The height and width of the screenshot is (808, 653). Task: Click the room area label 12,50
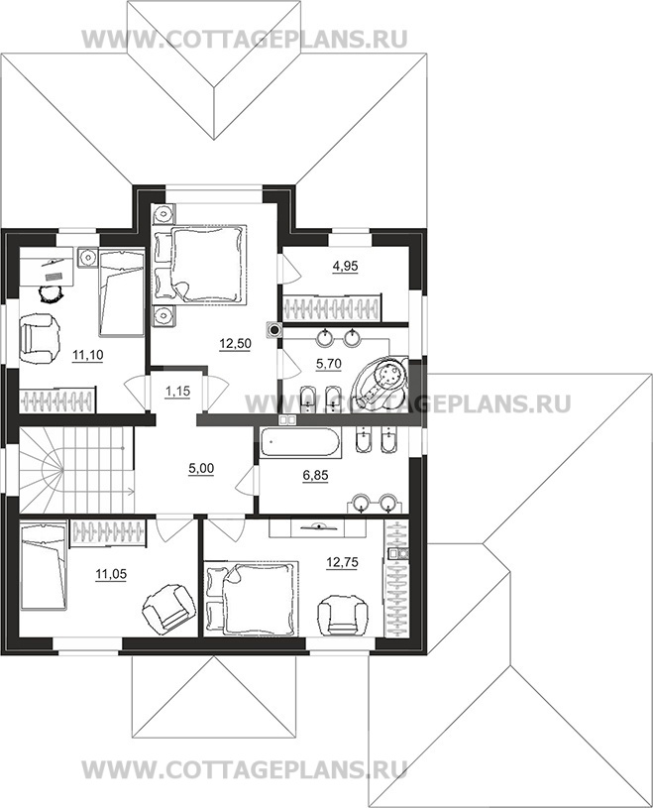click(235, 344)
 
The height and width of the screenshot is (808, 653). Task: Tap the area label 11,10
click(87, 355)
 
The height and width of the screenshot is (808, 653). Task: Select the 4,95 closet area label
click(345, 267)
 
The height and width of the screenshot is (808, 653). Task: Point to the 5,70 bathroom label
click(329, 364)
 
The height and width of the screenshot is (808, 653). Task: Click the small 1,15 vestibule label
click(177, 392)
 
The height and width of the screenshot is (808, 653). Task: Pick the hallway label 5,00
click(201, 469)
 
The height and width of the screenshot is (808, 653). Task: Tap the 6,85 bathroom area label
click(315, 475)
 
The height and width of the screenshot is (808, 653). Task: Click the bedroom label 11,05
click(111, 574)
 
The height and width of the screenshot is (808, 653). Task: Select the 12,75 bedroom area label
click(343, 563)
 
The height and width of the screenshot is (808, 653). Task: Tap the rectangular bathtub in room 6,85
click(299, 443)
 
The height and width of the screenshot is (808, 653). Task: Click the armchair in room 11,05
click(168, 607)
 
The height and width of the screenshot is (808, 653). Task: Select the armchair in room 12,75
click(344, 616)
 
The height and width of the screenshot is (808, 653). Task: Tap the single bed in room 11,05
click(44, 566)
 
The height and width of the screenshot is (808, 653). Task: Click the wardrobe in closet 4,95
click(333, 307)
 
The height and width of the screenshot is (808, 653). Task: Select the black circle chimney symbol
click(274, 330)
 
